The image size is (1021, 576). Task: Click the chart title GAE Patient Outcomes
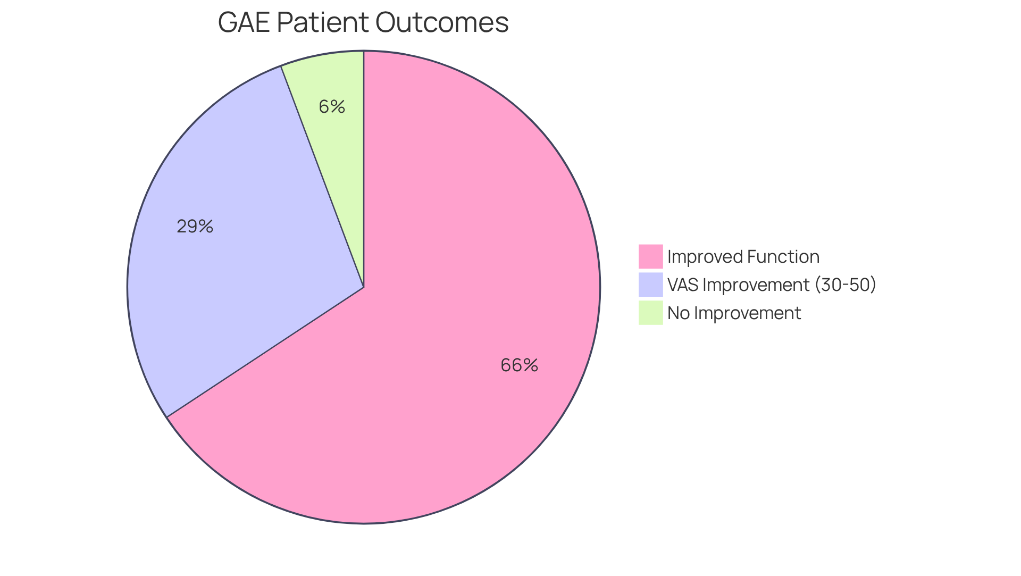[363, 23]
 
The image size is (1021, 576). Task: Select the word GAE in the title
[244, 23]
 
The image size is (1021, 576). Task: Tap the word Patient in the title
[322, 23]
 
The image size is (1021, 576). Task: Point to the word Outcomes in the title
[442, 23]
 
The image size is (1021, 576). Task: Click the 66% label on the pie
[519, 365]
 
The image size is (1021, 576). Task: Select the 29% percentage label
[195, 227]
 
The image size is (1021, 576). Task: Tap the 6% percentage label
[332, 107]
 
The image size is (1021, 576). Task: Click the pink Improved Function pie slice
[452, 319]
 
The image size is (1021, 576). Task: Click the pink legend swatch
[650, 256]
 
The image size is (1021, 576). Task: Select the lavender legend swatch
[650, 285]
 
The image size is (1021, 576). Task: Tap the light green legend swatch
[650, 313]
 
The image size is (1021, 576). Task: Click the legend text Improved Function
[743, 257]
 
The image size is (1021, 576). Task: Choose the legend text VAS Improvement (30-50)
[771, 285]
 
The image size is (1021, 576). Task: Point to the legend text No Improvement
[734, 313]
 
